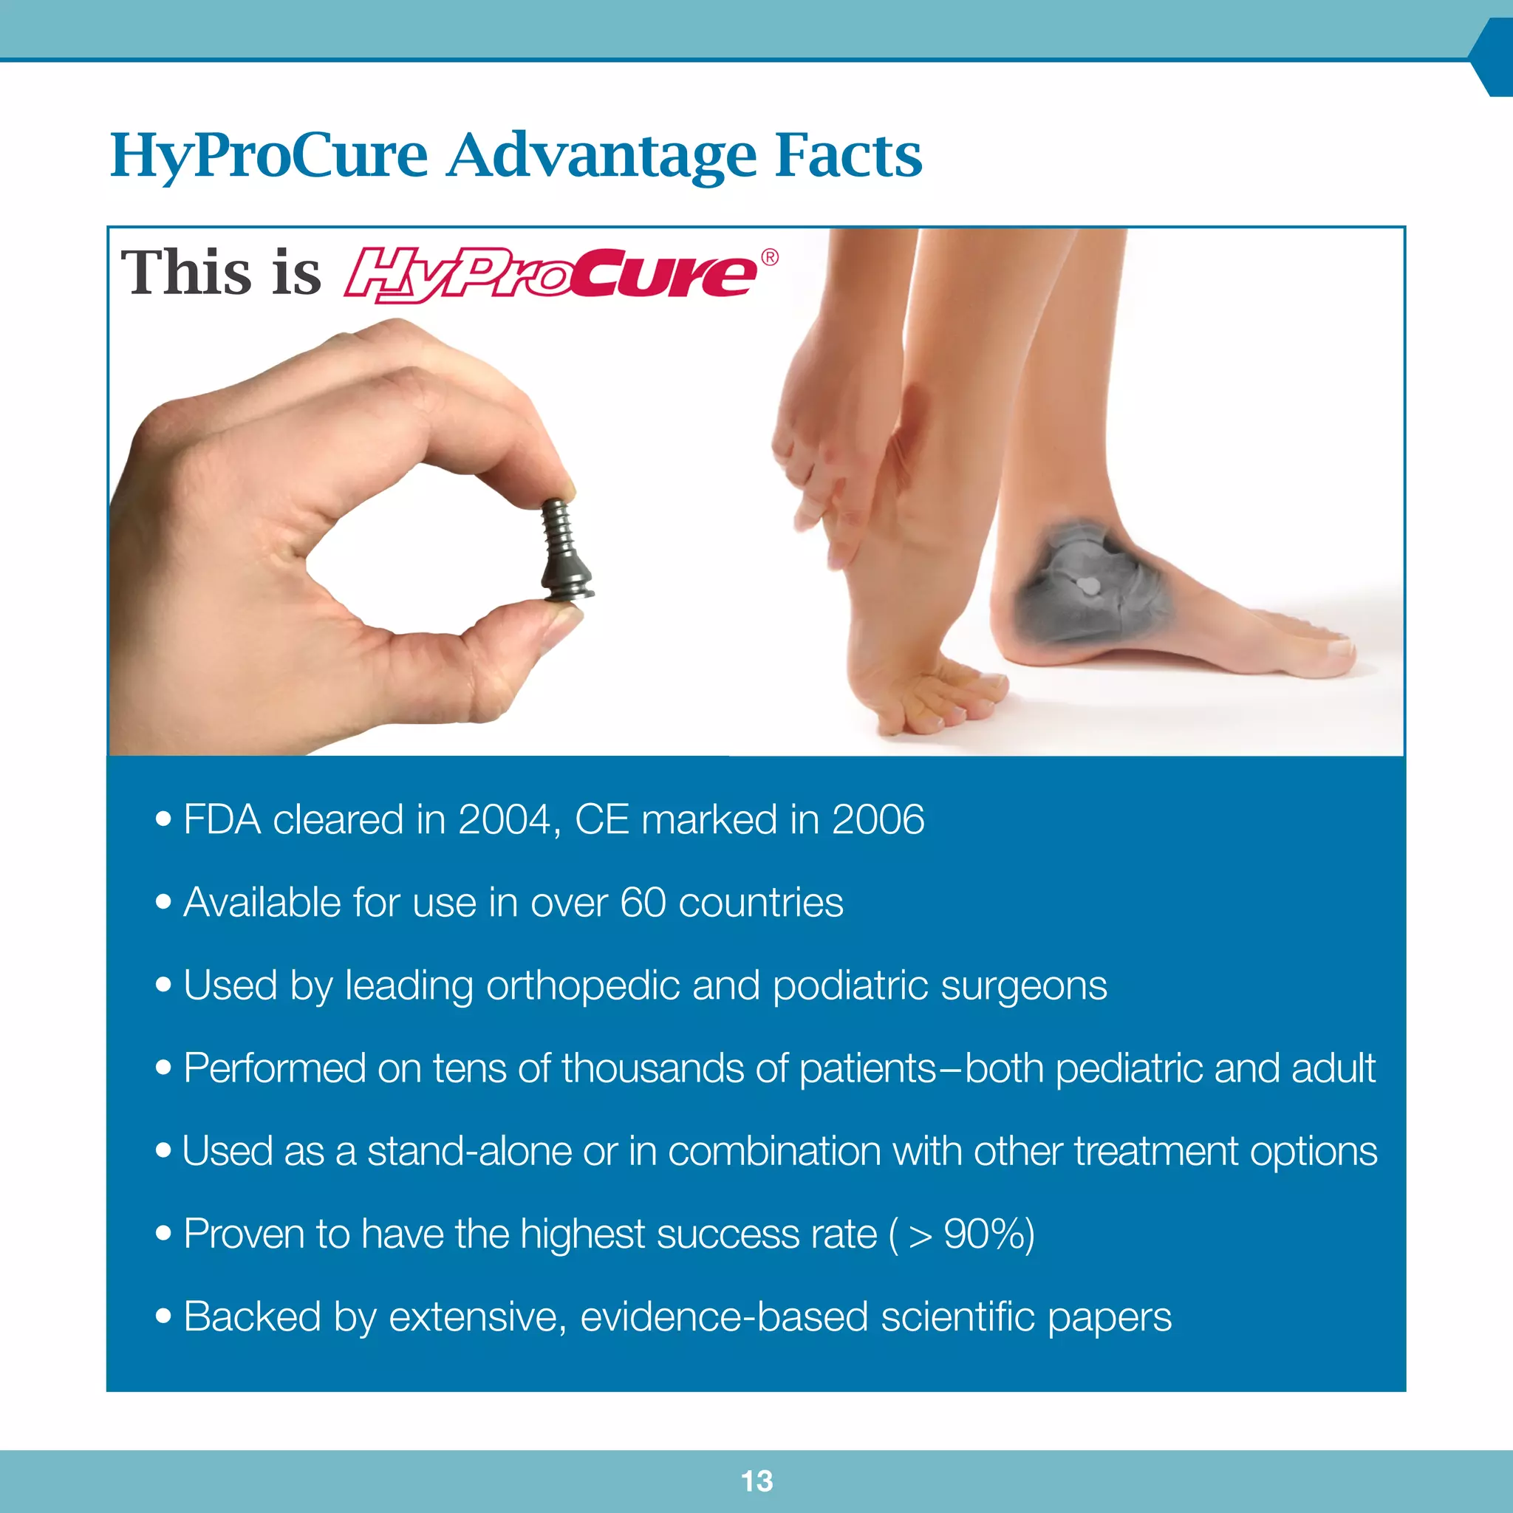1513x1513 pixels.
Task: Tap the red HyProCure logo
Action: [x=550, y=275]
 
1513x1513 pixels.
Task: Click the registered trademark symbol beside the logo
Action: [x=770, y=258]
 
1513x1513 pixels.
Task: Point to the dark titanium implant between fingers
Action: [x=565, y=551]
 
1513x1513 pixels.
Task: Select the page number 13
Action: [x=756, y=1481]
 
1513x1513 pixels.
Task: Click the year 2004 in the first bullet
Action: [x=505, y=820]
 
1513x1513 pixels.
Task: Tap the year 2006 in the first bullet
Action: [x=878, y=820]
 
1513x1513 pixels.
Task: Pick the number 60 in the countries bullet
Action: [x=643, y=903]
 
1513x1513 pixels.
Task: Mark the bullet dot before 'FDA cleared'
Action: [x=163, y=819]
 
